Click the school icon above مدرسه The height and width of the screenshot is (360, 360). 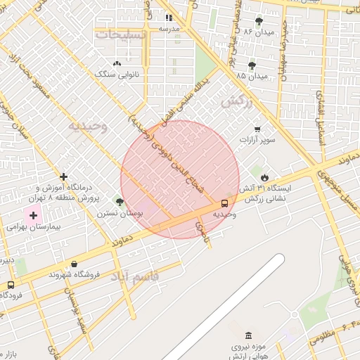tap(169, 18)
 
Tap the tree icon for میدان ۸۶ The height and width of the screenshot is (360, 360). tap(259, 21)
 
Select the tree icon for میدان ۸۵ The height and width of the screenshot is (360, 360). tap(252, 65)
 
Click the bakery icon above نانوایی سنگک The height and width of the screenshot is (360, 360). tap(117, 63)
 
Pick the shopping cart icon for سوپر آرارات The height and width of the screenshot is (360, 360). tap(257, 129)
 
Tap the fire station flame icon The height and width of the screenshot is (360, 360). tap(264, 178)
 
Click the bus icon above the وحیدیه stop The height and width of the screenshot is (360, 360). tap(224, 203)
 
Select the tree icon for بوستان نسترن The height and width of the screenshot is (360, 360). tap(120, 202)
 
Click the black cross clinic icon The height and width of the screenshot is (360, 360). tap(64, 176)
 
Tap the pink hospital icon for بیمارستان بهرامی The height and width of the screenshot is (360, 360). tap(33, 214)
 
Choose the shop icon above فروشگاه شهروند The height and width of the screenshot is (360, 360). tap(75, 264)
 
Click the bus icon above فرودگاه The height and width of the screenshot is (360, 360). tap(10, 285)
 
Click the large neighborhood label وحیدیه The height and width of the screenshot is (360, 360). tap(87, 127)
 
